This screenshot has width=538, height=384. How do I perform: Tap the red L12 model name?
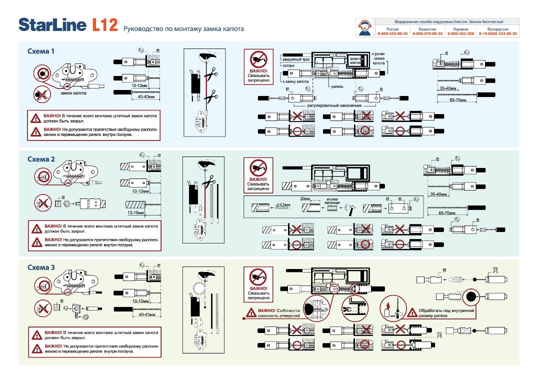click(x=104, y=25)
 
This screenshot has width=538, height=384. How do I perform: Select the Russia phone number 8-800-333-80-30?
click(x=392, y=33)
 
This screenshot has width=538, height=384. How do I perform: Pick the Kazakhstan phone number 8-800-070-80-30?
click(x=427, y=33)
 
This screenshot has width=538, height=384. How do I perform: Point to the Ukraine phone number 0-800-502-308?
click(x=460, y=33)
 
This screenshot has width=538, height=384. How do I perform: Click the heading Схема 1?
click(x=41, y=51)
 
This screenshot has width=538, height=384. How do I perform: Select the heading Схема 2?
click(x=41, y=159)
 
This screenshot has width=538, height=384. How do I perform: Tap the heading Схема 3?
click(x=41, y=267)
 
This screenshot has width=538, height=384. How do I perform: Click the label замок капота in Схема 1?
click(x=73, y=93)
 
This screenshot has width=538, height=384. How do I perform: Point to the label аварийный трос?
click(x=295, y=59)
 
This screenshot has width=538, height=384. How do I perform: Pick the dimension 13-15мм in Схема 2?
click(x=135, y=213)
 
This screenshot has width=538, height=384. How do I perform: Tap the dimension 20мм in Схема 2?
click(x=305, y=198)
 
